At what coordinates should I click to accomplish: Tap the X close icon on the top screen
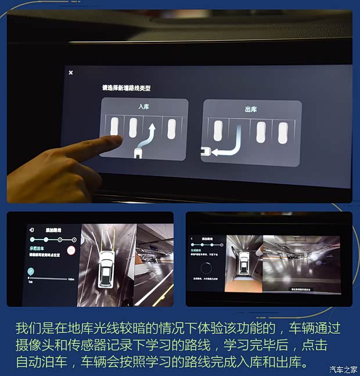[x=71, y=73]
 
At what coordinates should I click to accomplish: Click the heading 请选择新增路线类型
[x=126, y=88]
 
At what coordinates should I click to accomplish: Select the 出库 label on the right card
[x=251, y=109]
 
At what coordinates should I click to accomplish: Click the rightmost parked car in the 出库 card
[x=283, y=133]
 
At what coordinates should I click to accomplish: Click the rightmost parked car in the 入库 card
[x=172, y=129]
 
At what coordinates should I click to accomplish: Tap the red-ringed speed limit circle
[x=71, y=250]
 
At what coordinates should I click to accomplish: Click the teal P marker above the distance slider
[x=31, y=271]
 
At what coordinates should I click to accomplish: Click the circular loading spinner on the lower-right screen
[x=206, y=268]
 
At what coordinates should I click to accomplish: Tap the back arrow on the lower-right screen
[x=192, y=238]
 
